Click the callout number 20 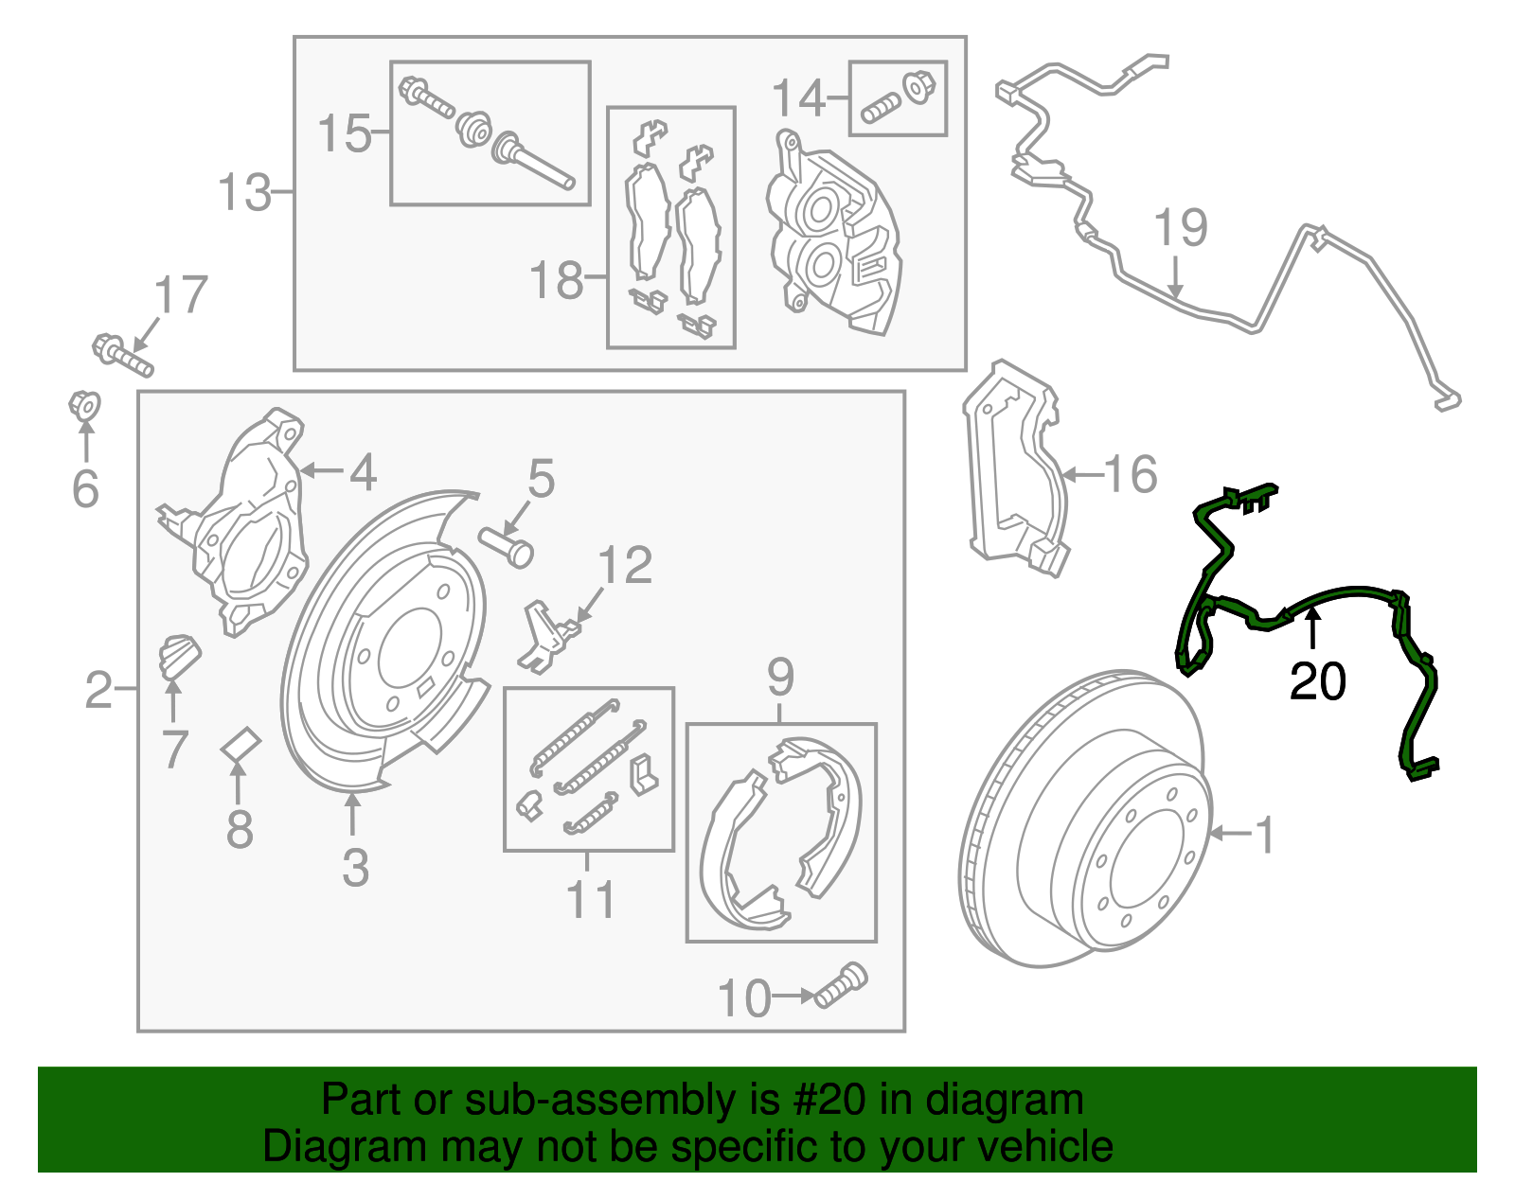[x=1317, y=681]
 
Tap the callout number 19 [x=1181, y=228]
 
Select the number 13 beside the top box [x=243, y=193]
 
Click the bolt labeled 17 [x=122, y=354]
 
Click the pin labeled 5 [x=508, y=546]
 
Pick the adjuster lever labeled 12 [x=548, y=635]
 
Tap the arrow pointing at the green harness [x=1312, y=628]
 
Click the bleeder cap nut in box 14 [x=916, y=87]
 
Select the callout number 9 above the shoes [x=780, y=677]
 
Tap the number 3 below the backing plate [x=355, y=868]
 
